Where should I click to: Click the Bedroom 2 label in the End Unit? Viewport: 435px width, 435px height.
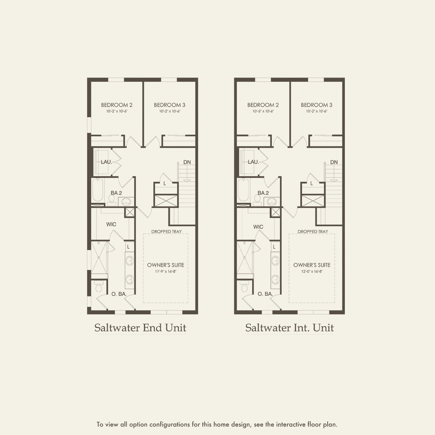pyautogui.click(x=116, y=105)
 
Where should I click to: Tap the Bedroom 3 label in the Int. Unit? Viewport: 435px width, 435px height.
pyautogui.click(x=316, y=105)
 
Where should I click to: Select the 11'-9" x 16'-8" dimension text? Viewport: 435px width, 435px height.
pyautogui.click(x=165, y=272)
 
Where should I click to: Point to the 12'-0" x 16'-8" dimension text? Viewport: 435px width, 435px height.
pyautogui.click(x=312, y=272)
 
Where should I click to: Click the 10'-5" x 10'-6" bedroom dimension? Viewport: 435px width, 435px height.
pyautogui.click(x=263, y=111)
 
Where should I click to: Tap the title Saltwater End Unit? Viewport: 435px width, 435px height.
pyautogui.click(x=140, y=328)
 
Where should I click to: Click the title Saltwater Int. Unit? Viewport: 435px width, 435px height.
pyautogui.click(x=289, y=328)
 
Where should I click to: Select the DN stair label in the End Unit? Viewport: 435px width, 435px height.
pyautogui.click(x=187, y=162)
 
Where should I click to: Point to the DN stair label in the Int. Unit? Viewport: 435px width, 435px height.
pyautogui.click(x=334, y=162)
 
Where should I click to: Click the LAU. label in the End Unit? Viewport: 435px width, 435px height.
pyautogui.click(x=106, y=162)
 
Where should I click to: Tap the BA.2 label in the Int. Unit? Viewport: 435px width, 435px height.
pyautogui.click(x=263, y=193)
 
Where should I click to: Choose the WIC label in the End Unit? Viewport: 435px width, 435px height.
pyautogui.click(x=111, y=224)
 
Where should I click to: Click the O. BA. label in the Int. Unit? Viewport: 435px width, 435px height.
pyautogui.click(x=265, y=294)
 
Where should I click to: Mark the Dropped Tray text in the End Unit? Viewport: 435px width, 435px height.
pyautogui.click(x=166, y=232)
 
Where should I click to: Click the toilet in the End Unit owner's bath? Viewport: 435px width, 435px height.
pyautogui.click(x=99, y=288)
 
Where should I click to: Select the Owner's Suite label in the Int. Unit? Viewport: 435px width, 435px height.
pyautogui.click(x=312, y=265)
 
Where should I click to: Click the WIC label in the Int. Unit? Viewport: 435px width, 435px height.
pyautogui.click(x=258, y=227)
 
